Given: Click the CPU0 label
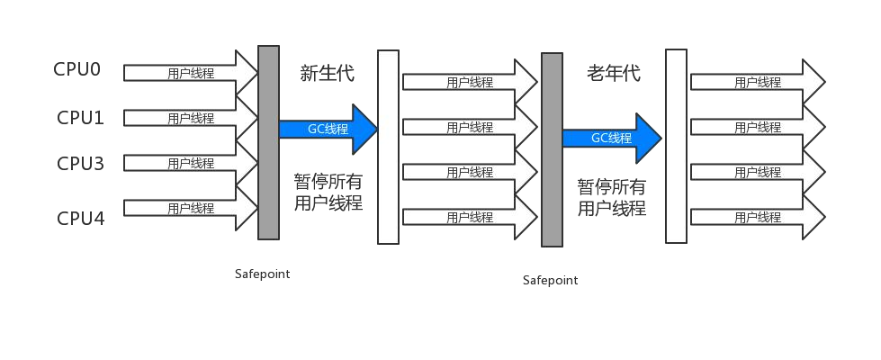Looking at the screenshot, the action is coord(77,69).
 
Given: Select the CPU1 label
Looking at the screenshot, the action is coord(80,118).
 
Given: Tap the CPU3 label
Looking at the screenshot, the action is coord(80,164).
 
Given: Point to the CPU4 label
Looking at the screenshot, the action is coord(80,218).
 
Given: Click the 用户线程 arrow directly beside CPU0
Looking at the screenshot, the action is coord(191,73).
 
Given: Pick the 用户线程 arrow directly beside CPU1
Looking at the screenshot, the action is coord(191,118).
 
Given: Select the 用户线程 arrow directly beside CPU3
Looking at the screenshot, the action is coord(191,164).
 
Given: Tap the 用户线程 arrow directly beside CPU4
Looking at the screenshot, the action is coord(191,209).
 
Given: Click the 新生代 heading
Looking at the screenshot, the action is coord(327,74).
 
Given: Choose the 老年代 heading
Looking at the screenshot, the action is coord(614,73).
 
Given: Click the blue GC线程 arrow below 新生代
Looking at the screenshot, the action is coord(328,129).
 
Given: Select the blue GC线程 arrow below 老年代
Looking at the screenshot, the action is coord(612,139).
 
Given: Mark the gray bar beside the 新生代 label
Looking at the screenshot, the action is coord(268,143).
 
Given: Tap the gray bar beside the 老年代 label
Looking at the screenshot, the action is coord(552,150).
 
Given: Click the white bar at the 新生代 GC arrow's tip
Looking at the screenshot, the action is coord(388,147).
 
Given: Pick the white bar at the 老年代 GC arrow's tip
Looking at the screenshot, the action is coord(677,146).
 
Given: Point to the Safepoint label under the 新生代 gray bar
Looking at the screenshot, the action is coord(263,274).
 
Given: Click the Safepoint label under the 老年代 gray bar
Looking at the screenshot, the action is coord(551,280).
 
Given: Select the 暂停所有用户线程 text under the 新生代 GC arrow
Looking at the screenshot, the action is coord(328,192).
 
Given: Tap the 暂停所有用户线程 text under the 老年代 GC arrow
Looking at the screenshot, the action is coord(612,197).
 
